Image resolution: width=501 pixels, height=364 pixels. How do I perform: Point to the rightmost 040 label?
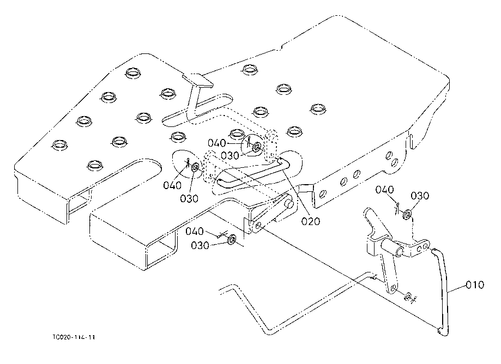(x=385, y=190)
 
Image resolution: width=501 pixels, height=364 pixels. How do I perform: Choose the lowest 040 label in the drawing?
(x=194, y=232)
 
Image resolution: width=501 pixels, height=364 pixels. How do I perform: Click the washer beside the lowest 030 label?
(x=232, y=240)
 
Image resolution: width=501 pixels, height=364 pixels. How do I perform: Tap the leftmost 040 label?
(x=172, y=185)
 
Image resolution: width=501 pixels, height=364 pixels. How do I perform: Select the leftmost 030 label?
(x=189, y=198)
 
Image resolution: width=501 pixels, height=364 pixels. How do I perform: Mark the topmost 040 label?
(x=216, y=143)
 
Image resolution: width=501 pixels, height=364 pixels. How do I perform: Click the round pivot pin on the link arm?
(x=289, y=206)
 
